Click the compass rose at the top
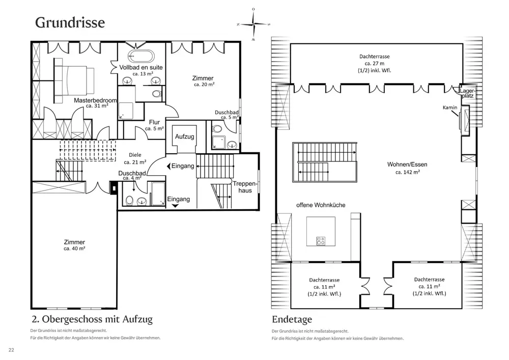click(x=253, y=24)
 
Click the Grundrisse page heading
click(x=70, y=22)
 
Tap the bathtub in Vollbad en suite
click(x=141, y=56)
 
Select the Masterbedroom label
click(x=95, y=100)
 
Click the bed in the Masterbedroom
click(x=74, y=80)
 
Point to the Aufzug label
click(x=184, y=136)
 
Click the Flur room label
click(x=155, y=122)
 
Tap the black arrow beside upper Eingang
click(x=168, y=166)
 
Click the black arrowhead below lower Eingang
click(x=175, y=206)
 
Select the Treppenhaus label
click(x=245, y=187)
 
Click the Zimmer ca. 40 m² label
click(x=74, y=245)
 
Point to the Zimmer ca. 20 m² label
click(x=203, y=81)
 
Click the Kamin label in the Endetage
click(x=450, y=107)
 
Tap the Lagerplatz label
click(x=467, y=93)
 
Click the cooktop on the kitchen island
click(x=321, y=241)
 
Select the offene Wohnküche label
click(x=321, y=205)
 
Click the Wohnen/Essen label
click(x=407, y=164)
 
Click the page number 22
click(x=11, y=350)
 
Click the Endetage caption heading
click(x=292, y=319)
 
